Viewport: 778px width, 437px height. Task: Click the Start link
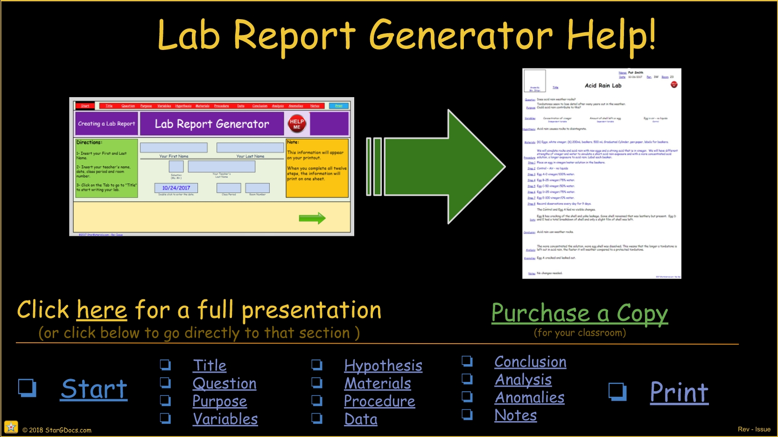point(94,389)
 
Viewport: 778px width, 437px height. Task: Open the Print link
point(679,392)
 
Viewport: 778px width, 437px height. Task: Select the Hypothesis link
point(383,366)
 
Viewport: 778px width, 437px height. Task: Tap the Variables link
point(225,419)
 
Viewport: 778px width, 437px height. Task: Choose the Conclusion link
point(530,362)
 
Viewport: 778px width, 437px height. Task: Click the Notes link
point(515,415)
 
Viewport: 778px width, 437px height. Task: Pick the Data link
point(361,419)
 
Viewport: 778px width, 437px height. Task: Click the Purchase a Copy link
point(579,313)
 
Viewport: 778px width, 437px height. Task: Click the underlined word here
point(102,310)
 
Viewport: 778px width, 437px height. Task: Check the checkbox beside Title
point(165,365)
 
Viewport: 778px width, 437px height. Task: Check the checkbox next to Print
point(617,392)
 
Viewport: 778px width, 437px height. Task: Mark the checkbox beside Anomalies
point(467,397)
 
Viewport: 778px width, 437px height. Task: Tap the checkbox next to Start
point(27,388)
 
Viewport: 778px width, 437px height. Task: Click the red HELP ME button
point(297,124)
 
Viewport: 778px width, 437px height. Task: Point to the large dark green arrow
point(443,166)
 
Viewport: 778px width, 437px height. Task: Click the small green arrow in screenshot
point(312,218)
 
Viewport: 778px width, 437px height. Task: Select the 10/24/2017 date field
point(176,188)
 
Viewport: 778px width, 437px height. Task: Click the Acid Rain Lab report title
point(603,85)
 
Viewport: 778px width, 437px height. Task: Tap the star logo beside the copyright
point(11,427)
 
